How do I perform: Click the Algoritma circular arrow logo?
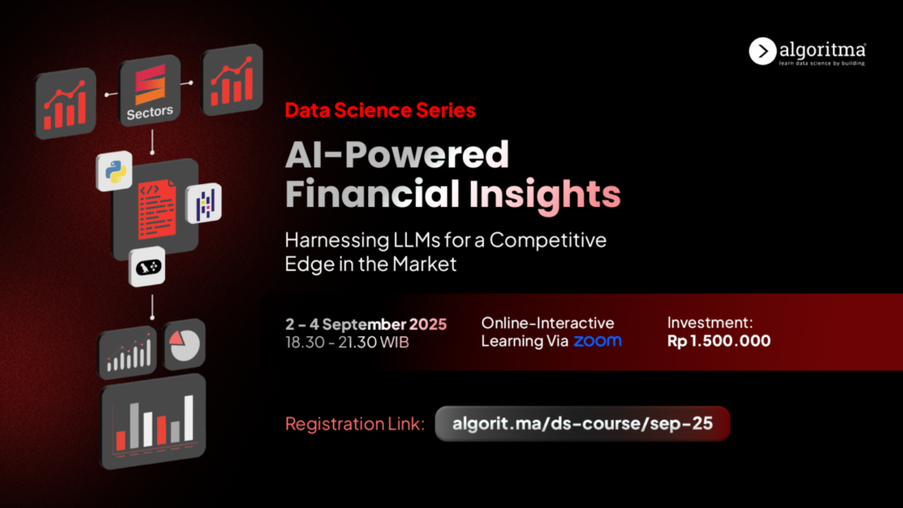762,51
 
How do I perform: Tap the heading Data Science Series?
380,111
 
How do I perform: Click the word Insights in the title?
544,194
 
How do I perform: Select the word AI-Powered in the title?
397,154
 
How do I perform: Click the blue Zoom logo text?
598,340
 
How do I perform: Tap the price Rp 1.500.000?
719,340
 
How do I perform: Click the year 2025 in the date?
428,324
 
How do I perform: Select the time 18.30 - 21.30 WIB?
347,342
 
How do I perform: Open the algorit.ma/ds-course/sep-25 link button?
582,424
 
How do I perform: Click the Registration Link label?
355,424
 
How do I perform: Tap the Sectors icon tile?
150,90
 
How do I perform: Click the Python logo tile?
115,171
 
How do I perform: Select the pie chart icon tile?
184,344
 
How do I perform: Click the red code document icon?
157,210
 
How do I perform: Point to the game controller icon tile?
147,267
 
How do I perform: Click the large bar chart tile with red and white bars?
153,421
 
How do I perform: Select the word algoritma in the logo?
822,50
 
